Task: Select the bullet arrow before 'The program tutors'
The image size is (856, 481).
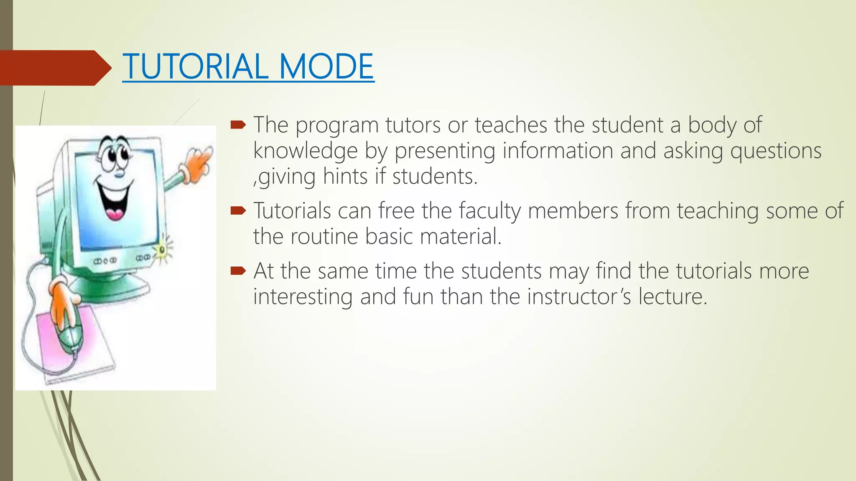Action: [x=238, y=124]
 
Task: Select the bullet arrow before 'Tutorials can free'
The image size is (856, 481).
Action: [x=238, y=210]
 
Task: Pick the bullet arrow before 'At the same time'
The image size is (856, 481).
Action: [x=238, y=271]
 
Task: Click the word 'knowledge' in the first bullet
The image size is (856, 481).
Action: [x=305, y=151]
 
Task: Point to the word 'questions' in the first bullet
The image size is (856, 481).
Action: [x=776, y=151]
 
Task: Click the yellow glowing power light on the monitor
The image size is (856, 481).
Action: [x=162, y=250]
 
